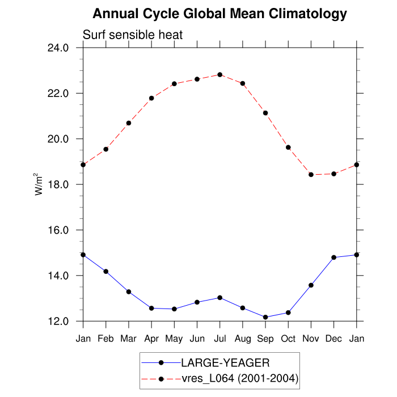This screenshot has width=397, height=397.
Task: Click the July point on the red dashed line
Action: (x=219, y=75)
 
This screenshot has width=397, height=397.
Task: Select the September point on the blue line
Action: (x=265, y=317)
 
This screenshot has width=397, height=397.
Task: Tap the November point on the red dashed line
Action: (x=311, y=175)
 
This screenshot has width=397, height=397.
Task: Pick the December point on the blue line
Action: (x=333, y=257)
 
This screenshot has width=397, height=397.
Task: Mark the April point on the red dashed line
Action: (x=151, y=98)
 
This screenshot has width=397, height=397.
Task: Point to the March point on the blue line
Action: (x=129, y=292)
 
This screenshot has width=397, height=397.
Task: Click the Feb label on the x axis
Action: (x=106, y=339)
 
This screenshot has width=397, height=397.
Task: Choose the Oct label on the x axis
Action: (x=288, y=339)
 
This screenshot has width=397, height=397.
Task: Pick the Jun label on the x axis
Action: (x=197, y=339)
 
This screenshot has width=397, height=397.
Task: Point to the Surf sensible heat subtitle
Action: (x=133, y=35)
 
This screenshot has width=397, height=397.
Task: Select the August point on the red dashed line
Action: (x=243, y=83)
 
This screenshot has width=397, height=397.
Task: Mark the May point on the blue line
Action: (x=174, y=309)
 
